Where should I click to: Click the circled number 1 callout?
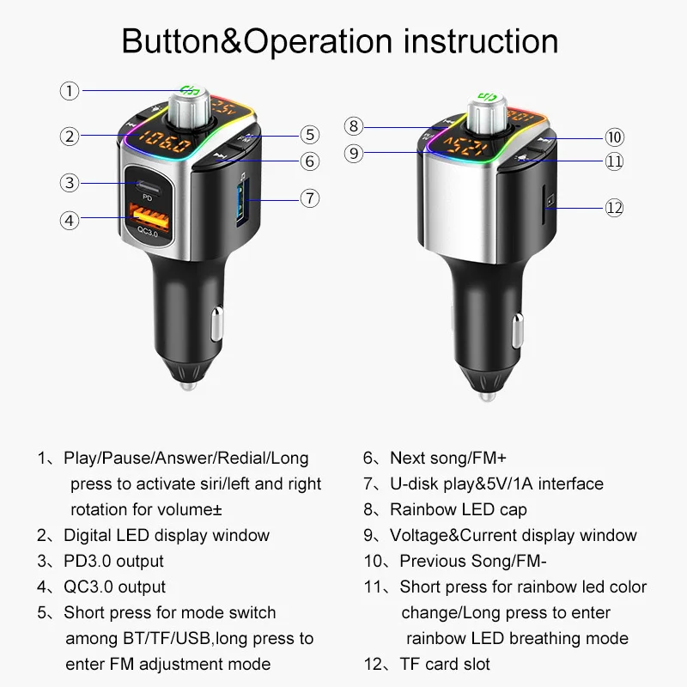tap(70, 90)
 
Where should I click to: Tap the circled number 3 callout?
tap(70, 182)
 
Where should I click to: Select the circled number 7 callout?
tap(310, 197)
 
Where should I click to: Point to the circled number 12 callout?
tap(613, 207)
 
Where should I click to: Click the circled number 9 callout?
tap(355, 154)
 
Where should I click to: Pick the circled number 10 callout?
tap(613, 137)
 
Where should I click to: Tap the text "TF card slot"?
tap(445, 664)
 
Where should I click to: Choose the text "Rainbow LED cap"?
tap(458, 509)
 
